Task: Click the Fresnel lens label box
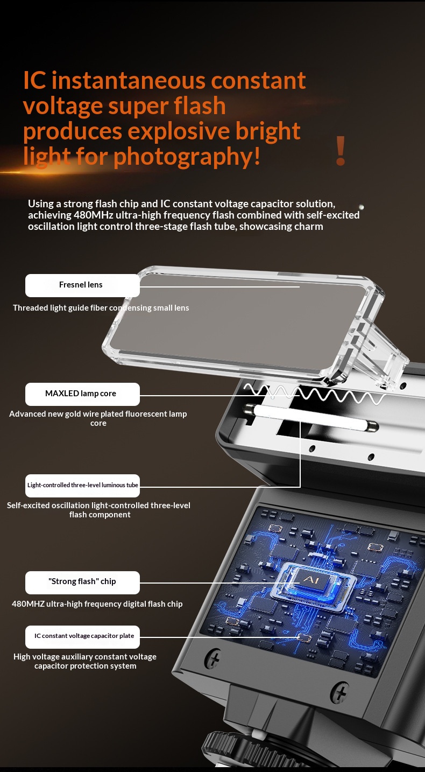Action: tap(82, 285)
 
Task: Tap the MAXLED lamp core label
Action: tap(82, 394)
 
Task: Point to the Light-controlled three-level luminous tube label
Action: tap(82, 486)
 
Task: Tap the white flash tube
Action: tap(311, 417)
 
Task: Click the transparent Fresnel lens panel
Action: tap(241, 324)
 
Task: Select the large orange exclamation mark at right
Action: tap(341, 150)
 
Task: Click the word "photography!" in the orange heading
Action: tap(187, 157)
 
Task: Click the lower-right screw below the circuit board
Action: tap(339, 691)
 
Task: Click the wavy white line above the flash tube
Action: tap(315, 394)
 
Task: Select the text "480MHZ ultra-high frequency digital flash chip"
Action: tap(97, 604)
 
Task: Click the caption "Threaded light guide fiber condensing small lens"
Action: tap(101, 308)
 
